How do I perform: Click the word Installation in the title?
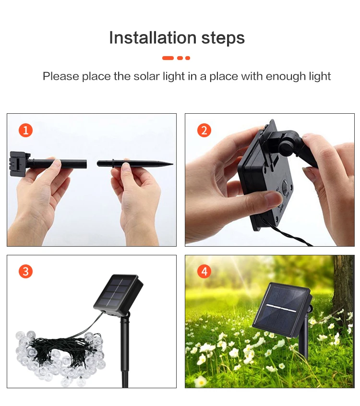(153, 37)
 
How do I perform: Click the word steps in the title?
(223, 39)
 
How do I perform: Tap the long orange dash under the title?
(168, 58)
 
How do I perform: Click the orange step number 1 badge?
(25, 130)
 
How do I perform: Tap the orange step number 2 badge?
(204, 130)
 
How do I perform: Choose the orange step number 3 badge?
(25, 271)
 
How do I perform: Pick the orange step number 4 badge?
(204, 271)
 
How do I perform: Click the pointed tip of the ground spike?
(172, 164)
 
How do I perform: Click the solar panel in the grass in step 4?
(282, 310)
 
